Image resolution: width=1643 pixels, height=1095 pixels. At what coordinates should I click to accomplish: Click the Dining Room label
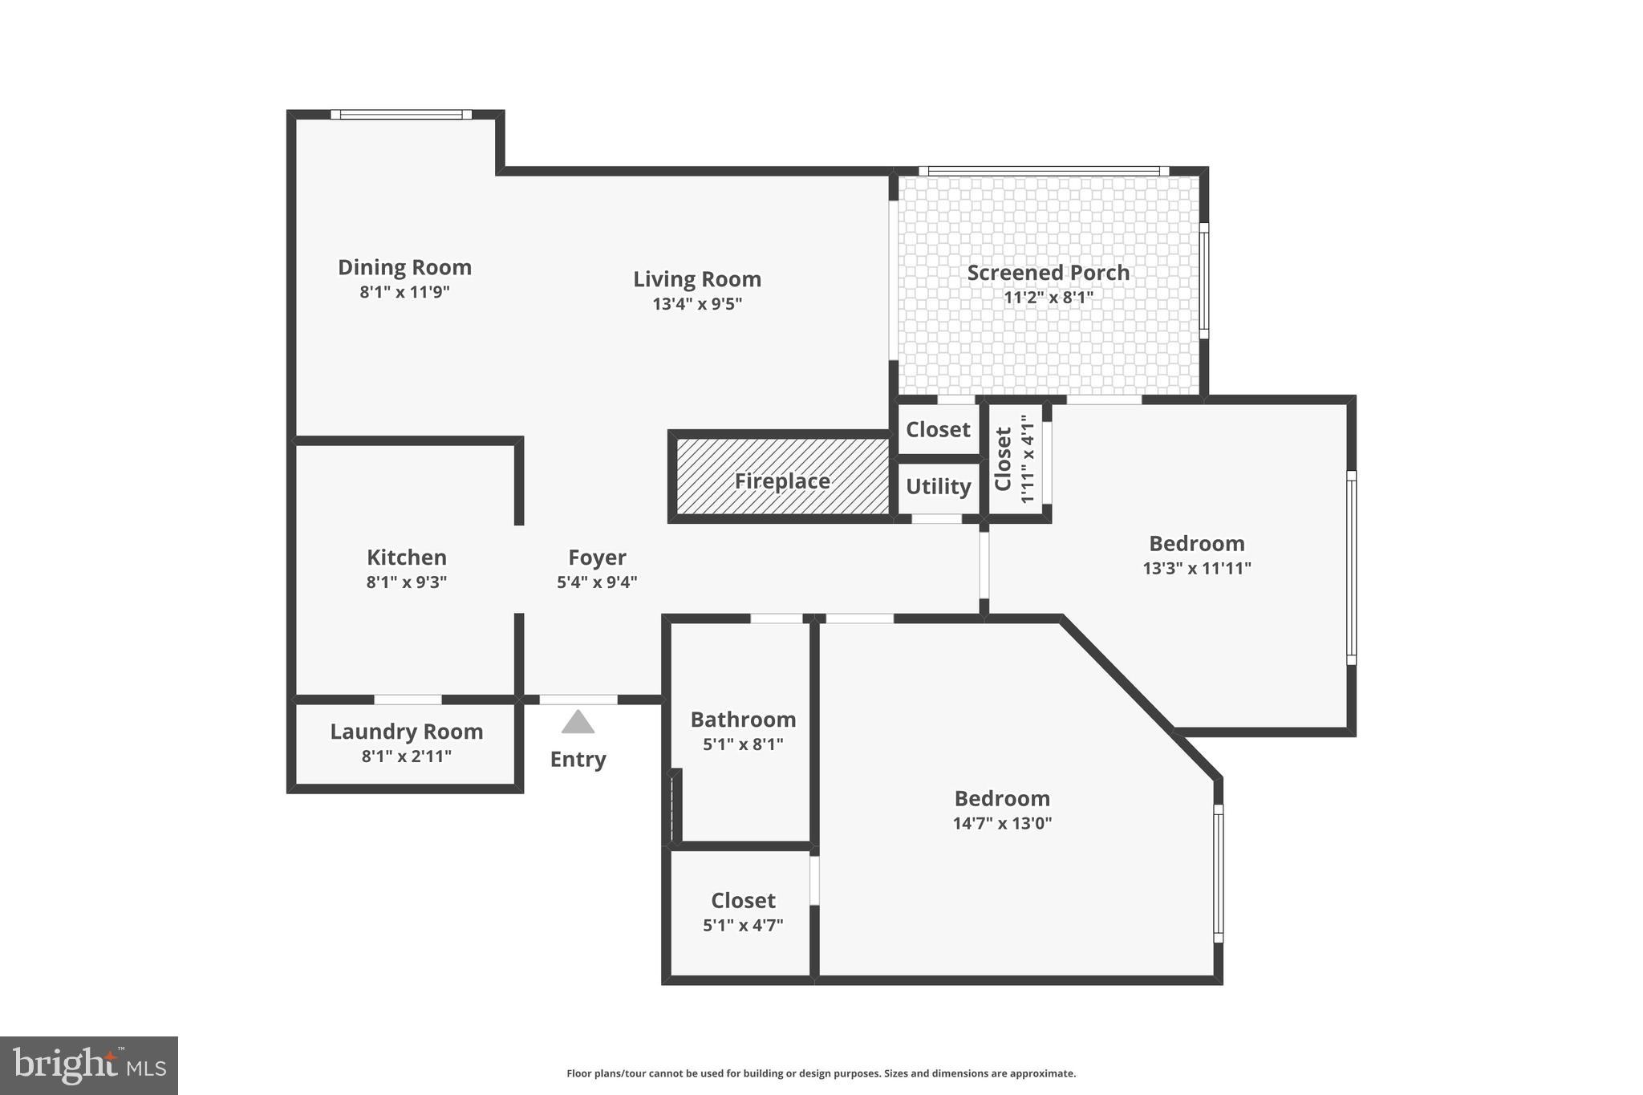pos(404,267)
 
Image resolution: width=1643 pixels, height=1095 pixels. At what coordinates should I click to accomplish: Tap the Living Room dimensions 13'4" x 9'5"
pos(697,304)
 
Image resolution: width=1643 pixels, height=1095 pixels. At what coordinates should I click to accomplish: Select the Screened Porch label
pos(1048,273)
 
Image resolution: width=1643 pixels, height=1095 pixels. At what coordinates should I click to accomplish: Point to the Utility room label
pos(938,486)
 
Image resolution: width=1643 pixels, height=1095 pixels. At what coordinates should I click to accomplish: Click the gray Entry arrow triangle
pos(578,723)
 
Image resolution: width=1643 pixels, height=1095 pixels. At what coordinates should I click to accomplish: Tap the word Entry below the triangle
pos(578,759)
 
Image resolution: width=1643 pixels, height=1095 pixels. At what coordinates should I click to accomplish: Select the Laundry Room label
pos(406,732)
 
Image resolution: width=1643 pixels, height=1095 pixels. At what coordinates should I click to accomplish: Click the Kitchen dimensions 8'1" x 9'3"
pos(406,582)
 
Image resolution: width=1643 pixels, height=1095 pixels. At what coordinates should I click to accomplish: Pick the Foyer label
pos(597,558)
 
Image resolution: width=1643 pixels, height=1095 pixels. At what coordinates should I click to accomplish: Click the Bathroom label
pos(743,720)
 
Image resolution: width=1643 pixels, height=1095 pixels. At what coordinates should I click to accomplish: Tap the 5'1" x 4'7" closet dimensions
pos(743,925)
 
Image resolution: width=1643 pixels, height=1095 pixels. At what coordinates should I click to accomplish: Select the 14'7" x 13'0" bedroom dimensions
pos(1002,823)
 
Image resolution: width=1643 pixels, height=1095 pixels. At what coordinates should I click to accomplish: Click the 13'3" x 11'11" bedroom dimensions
pos(1196,569)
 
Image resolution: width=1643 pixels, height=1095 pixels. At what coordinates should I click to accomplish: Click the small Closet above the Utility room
pos(938,430)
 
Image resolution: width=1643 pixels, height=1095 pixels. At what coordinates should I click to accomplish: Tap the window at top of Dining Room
pos(401,115)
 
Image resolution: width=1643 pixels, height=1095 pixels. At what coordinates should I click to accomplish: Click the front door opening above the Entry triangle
pos(578,700)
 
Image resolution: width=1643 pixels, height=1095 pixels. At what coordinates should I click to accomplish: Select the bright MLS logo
pos(89,1065)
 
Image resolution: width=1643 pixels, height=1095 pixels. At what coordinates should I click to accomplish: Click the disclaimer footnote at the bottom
pos(821,1073)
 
